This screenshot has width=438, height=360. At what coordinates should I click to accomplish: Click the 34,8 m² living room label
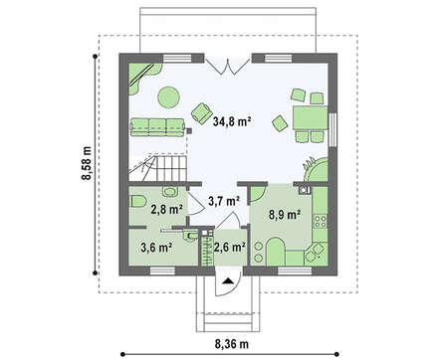(231, 121)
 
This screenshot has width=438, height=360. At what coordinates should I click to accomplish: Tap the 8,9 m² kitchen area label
(285, 215)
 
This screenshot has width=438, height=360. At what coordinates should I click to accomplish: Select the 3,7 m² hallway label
(224, 201)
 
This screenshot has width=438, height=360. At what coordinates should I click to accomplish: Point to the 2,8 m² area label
(167, 210)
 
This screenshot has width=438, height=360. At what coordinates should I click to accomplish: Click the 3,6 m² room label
(156, 248)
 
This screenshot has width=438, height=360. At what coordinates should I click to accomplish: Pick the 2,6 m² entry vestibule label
(230, 248)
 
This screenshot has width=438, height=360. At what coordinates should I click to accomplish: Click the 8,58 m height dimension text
(87, 163)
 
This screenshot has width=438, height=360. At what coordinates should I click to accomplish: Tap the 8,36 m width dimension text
(232, 344)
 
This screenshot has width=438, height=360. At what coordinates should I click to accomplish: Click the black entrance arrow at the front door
(228, 281)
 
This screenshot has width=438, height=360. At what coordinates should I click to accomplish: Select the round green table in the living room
(168, 97)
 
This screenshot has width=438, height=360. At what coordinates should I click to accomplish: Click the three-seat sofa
(157, 127)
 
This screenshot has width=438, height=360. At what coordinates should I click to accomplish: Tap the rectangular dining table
(311, 117)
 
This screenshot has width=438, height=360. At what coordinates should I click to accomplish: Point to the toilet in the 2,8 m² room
(138, 201)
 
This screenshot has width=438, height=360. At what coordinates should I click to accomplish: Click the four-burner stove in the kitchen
(321, 222)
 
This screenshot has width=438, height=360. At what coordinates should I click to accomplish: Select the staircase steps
(158, 167)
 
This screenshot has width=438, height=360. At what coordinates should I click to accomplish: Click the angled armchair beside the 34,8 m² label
(201, 113)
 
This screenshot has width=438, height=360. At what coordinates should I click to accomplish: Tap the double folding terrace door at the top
(228, 66)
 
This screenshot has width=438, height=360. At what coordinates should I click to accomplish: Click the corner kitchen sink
(316, 254)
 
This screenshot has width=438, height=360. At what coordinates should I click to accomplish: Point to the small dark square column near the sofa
(189, 131)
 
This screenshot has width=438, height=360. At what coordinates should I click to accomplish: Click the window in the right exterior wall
(332, 129)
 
